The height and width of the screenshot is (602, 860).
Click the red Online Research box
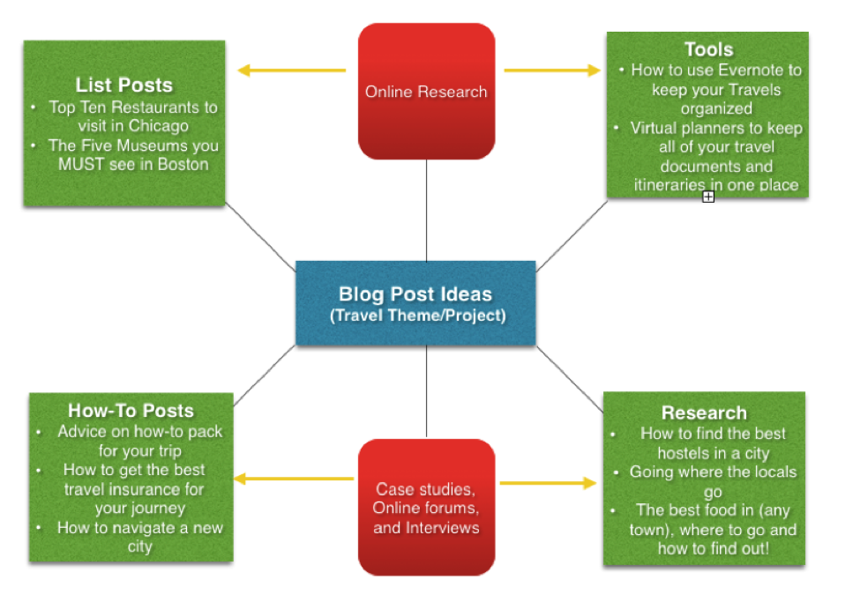click(426, 92)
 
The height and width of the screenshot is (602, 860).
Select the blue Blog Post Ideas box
click(415, 303)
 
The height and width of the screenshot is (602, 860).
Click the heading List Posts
click(124, 85)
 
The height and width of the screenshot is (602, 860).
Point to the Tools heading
click(708, 49)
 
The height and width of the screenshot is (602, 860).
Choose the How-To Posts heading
click(131, 411)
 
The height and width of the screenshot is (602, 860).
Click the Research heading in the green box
click(704, 412)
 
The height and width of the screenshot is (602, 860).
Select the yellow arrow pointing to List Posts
click(292, 71)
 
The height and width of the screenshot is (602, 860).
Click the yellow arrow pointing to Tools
click(553, 71)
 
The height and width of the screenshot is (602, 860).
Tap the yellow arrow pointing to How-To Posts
click(294, 479)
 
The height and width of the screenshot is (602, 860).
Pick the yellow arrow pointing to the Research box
click(549, 483)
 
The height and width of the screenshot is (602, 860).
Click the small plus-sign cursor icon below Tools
click(708, 197)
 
